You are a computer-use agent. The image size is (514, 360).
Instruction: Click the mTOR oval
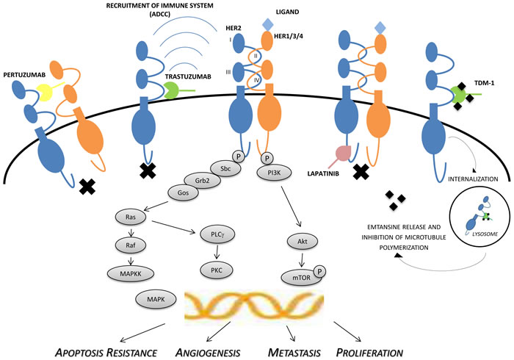[297, 276]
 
